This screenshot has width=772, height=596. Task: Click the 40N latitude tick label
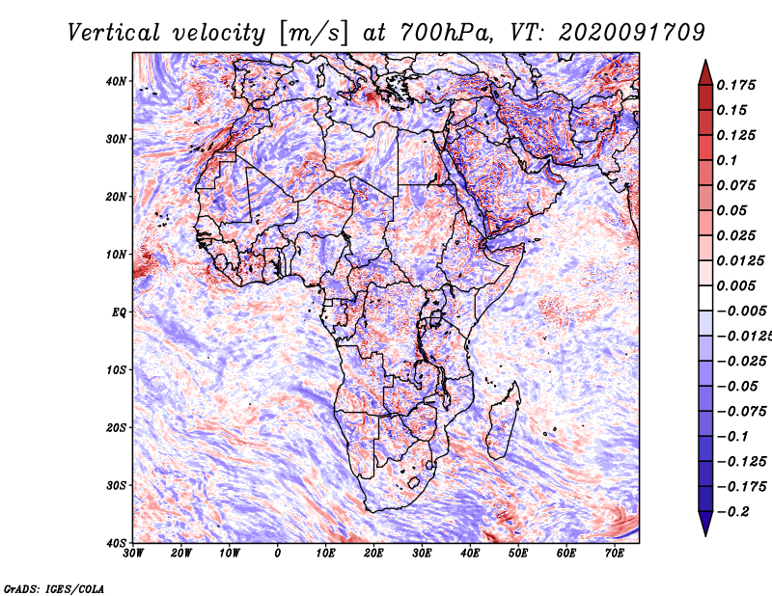pyautogui.click(x=117, y=81)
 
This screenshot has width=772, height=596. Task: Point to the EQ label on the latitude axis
pyautogui.click(x=119, y=312)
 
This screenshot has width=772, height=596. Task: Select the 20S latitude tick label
pyautogui.click(x=117, y=427)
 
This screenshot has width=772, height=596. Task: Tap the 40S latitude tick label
pyautogui.click(x=117, y=542)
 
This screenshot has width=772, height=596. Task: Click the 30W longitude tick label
pyautogui.click(x=134, y=554)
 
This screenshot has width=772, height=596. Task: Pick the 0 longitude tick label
pyautogui.click(x=278, y=554)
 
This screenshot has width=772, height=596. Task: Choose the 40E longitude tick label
pyautogui.click(x=470, y=554)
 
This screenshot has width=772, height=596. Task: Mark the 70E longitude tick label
pyautogui.click(x=615, y=554)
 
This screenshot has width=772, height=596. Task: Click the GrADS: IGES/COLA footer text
pyautogui.click(x=54, y=587)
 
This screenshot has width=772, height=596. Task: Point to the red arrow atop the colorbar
pyautogui.click(x=704, y=70)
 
